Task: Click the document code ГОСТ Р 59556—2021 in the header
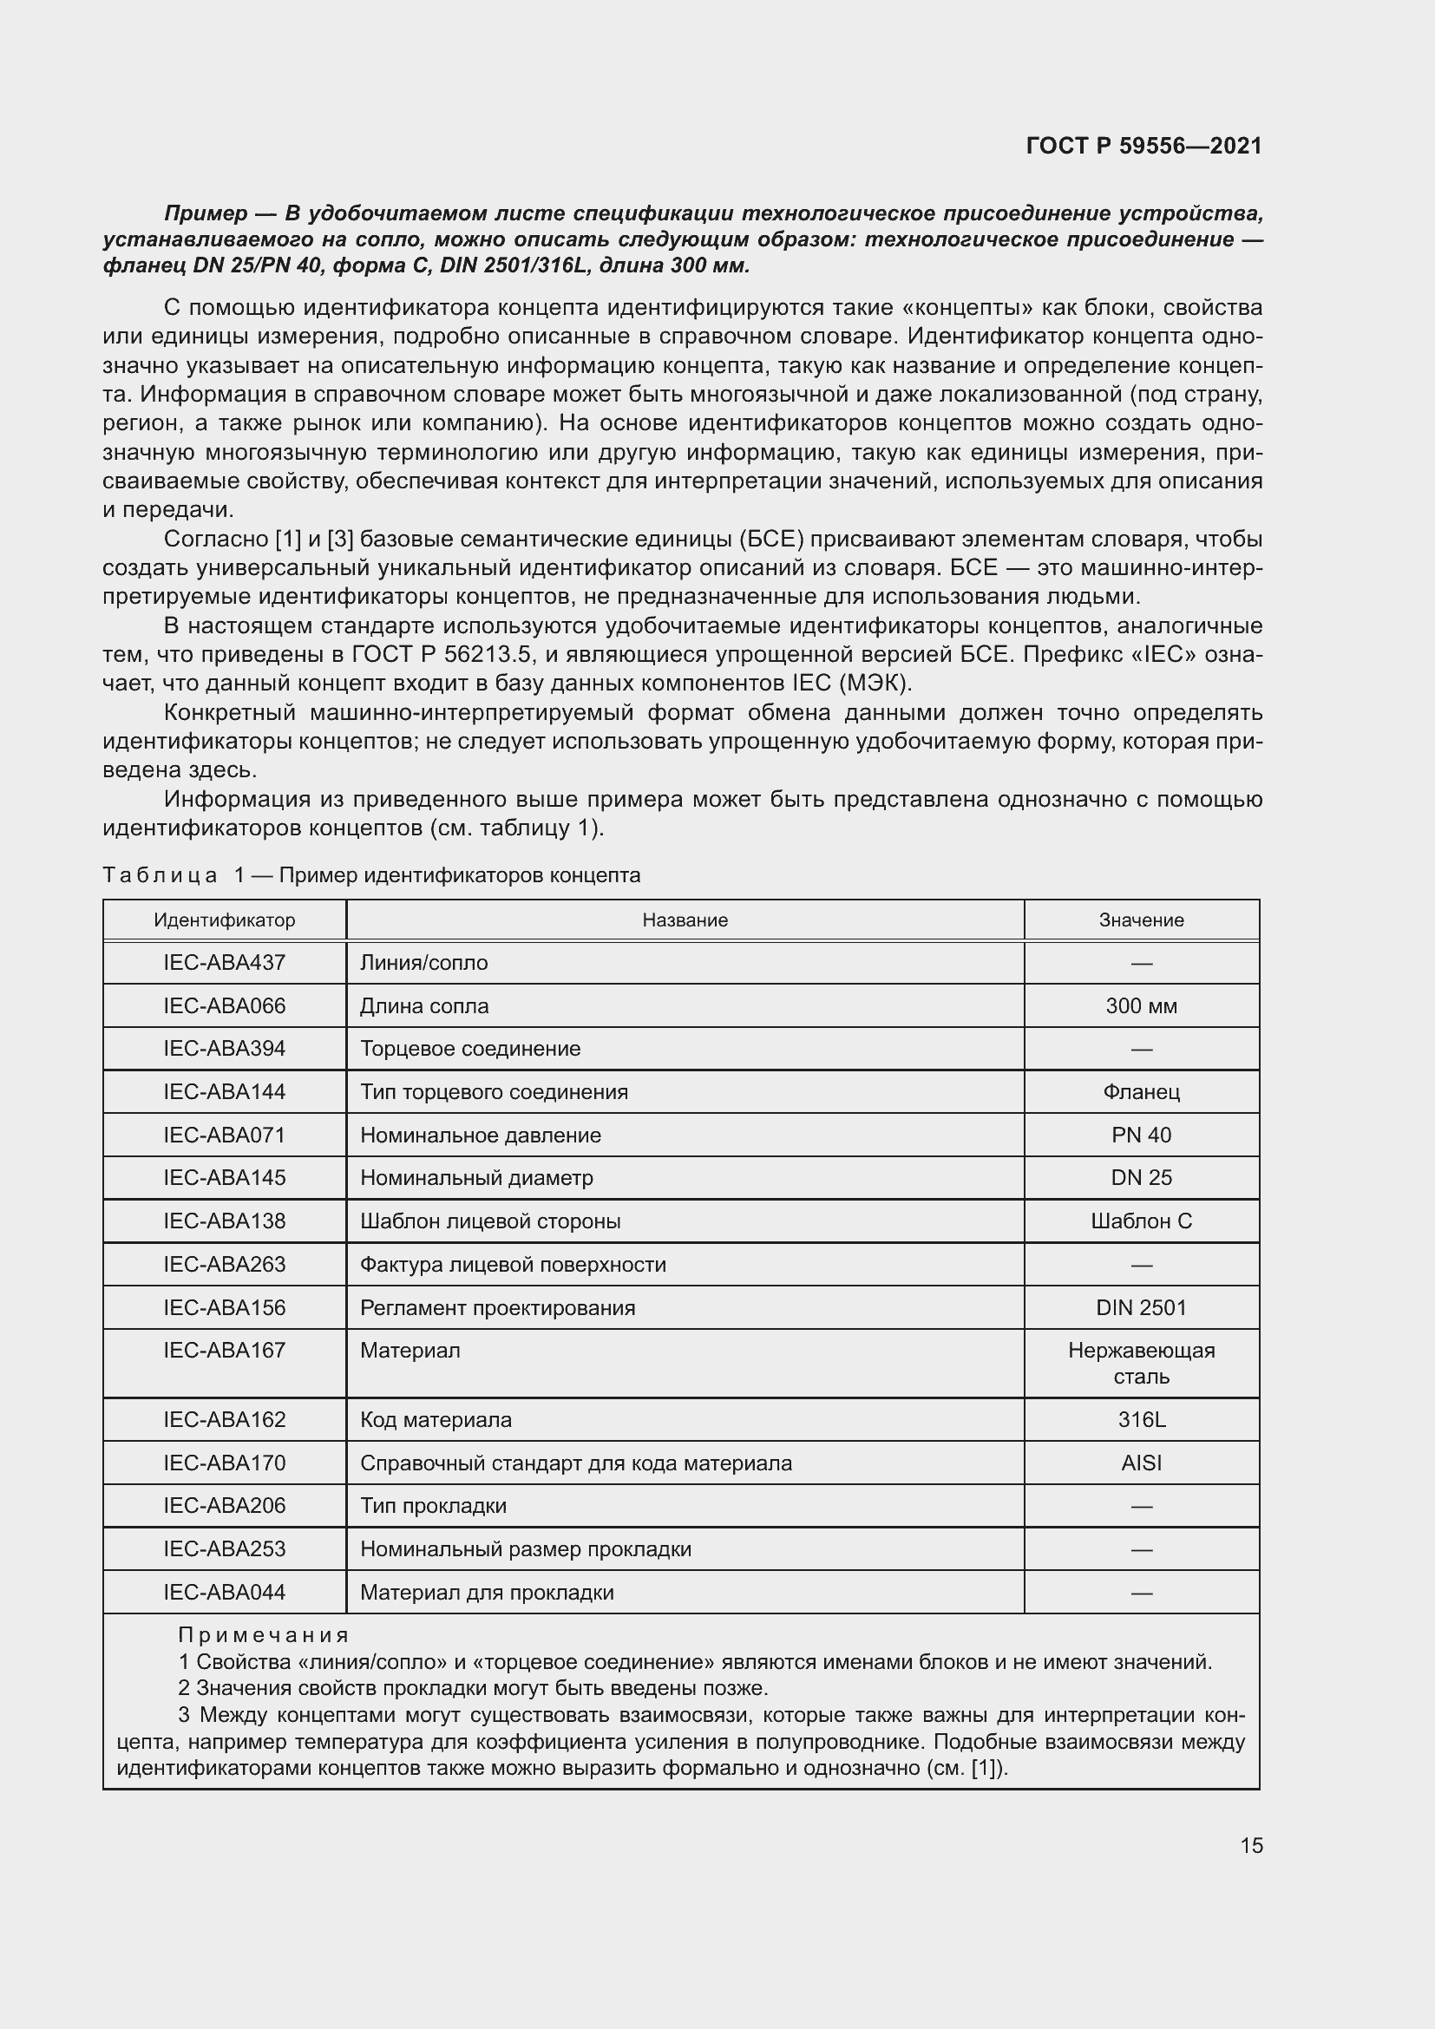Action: click(x=1143, y=146)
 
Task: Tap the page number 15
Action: click(x=1251, y=1845)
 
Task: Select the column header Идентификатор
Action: click(x=225, y=920)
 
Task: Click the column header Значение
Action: click(x=1141, y=920)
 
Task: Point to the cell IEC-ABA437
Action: click(x=225, y=962)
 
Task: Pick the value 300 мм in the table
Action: click(x=1141, y=1005)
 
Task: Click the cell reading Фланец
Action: click(x=1141, y=1091)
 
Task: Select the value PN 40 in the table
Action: click(x=1141, y=1135)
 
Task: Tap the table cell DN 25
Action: click(x=1141, y=1177)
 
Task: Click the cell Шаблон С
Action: click(x=1141, y=1221)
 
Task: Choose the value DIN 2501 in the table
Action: click(x=1141, y=1307)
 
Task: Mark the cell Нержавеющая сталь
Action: click(x=1141, y=1363)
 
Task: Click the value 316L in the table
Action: click(x=1141, y=1419)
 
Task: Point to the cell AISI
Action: click(x=1141, y=1463)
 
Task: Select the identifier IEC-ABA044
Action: click(x=225, y=1592)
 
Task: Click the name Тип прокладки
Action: click(x=433, y=1505)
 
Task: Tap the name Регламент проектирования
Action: click(x=497, y=1307)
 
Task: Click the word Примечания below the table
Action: click(x=264, y=1635)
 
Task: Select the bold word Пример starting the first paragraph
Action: click(x=206, y=213)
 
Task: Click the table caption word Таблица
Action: click(x=160, y=875)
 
